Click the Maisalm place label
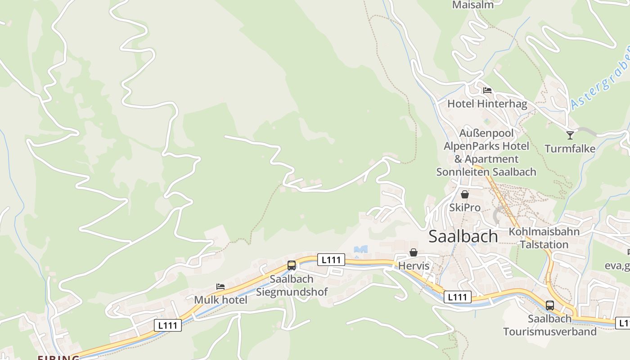coord(472,5)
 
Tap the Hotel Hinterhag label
coord(487,104)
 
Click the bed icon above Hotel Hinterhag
coord(487,90)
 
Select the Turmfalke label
coord(570,148)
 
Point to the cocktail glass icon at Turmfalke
coord(570,135)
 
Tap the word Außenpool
coord(486,133)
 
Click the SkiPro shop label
coord(465,208)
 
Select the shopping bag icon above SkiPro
coord(465,194)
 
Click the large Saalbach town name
coord(463,236)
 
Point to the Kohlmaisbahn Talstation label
coord(544,238)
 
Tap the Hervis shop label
coord(414,266)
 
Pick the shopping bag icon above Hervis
coord(414,252)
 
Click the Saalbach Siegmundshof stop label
coord(292,285)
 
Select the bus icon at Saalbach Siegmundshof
coord(292,265)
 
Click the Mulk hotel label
coord(220,300)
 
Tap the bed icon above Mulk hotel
coord(220,286)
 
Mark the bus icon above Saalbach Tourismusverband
coord(550,305)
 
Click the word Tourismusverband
coord(549,332)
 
